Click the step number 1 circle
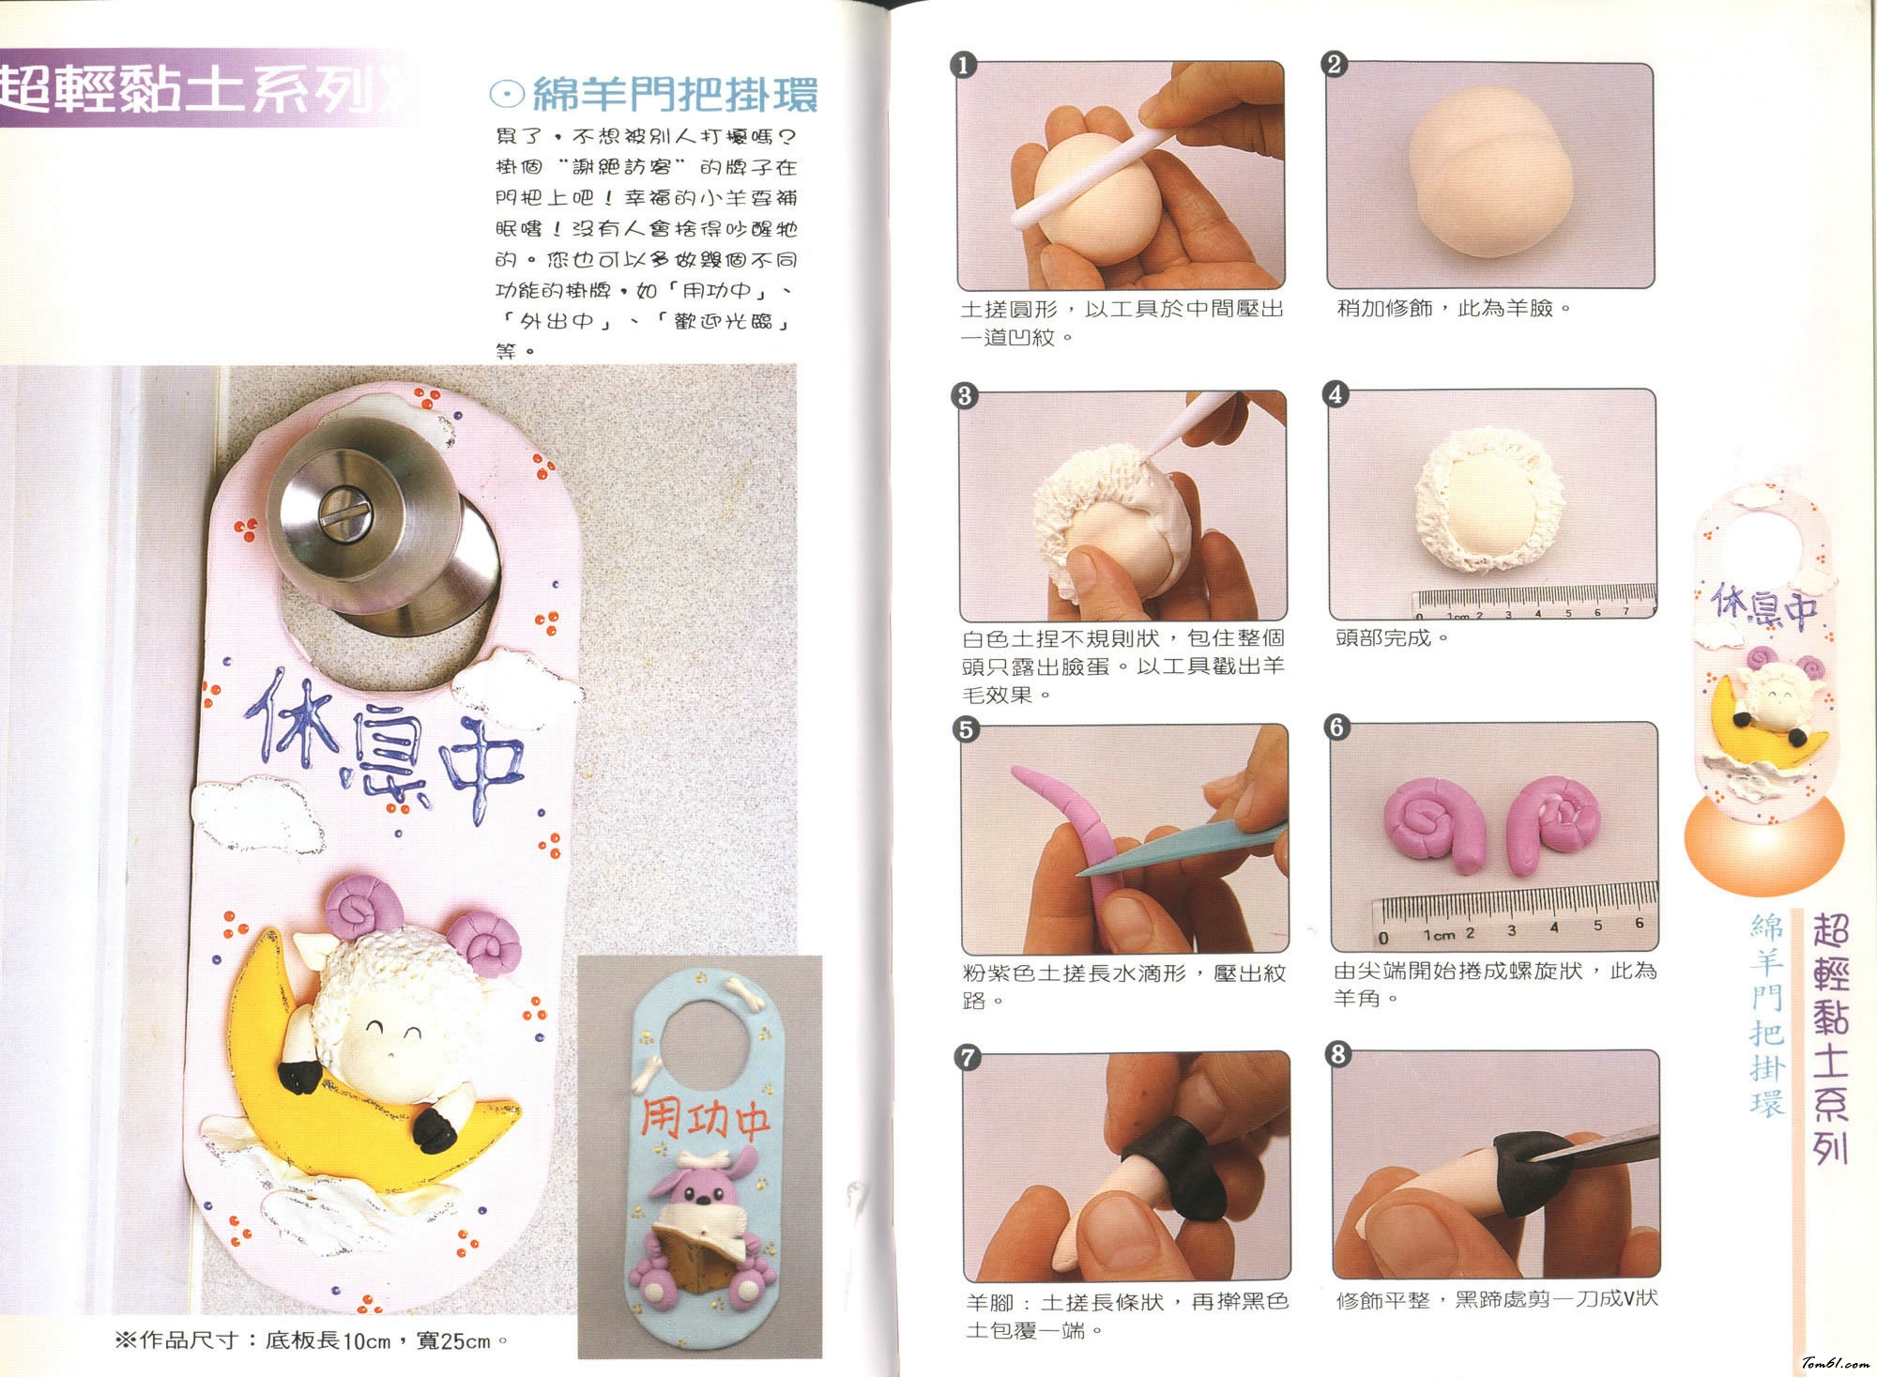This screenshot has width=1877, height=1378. pyautogui.click(x=964, y=66)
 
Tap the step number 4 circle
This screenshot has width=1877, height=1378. pyautogui.click(x=1335, y=394)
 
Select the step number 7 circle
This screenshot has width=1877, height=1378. pyautogui.click(x=967, y=1058)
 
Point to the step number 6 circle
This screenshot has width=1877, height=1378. pyautogui.click(x=1336, y=727)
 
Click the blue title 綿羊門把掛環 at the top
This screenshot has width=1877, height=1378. pyautogui.click(x=675, y=95)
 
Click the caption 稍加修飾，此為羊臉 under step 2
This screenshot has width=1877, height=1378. pyautogui.click(x=1454, y=308)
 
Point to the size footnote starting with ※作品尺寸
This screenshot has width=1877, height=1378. pyautogui.click(x=312, y=1340)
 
